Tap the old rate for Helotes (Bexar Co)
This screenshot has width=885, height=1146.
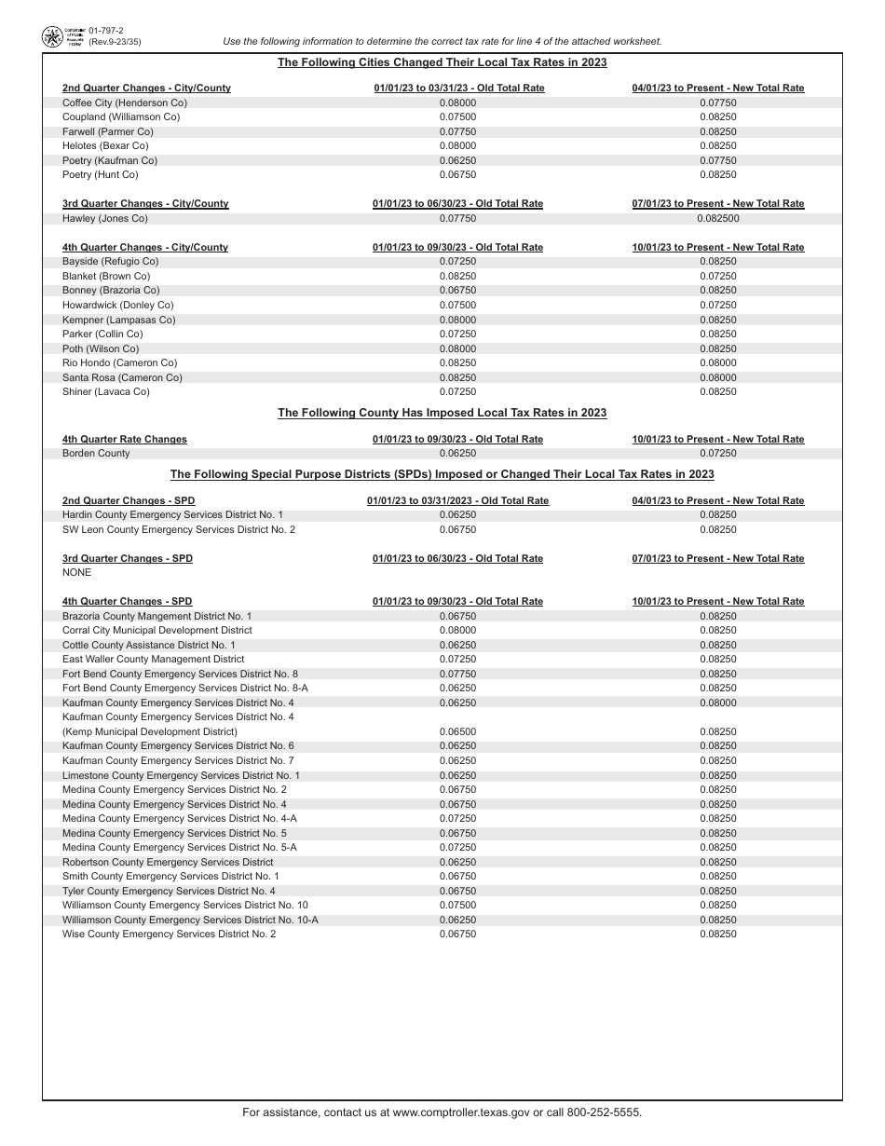click(x=457, y=146)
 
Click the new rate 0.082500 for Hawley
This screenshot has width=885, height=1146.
click(x=717, y=219)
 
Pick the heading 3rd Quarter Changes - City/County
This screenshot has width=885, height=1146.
click(x=145, y=204)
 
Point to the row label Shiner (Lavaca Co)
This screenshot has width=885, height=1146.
click(x=105, y=392)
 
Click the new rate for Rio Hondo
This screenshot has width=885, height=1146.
click(x=717, y=363)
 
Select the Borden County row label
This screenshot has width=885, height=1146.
click(x=96, y=454)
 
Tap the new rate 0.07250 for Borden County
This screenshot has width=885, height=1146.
click(x=717, y=454)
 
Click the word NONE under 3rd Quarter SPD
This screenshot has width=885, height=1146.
click(x=76, y=573)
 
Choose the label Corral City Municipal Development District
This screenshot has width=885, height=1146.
click(x=157, y=631)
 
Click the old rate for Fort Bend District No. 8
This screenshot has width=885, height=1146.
click(x=457, y=675)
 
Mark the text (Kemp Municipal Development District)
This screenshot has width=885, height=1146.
click(x=149, y=732)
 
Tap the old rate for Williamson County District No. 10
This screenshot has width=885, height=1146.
click(x=457, y=906)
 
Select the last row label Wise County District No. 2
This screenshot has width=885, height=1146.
click(x=169, y=935)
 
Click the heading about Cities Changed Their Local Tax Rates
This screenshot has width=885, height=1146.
click(x=442, y=62)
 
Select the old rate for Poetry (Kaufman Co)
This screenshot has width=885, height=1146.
click(x=457, y=161)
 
